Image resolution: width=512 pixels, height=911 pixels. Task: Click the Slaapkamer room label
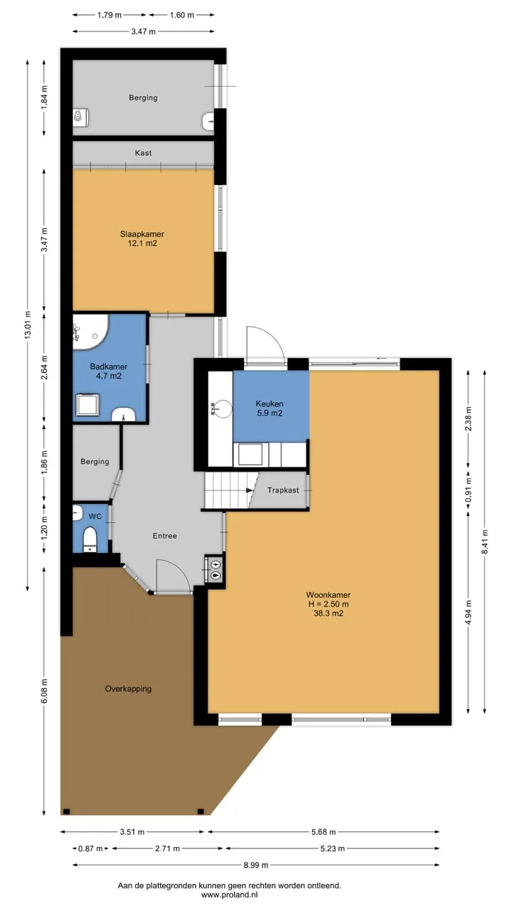click(x=142, y=234)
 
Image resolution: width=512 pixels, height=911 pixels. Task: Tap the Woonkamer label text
click(x=329, y=595)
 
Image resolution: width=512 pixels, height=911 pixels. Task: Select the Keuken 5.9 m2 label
click(x=270, y=409)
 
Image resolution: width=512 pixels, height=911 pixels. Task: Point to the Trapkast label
click(x=283, y=490)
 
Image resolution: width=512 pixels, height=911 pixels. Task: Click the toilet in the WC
click(x=90, y=539)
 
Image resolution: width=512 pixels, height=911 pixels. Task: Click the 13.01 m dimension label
click(x=28, y=325)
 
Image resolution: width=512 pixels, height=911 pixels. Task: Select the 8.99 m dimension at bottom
click(x=255, y=865)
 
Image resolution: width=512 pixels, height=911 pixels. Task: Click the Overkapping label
click(x=128, y=688)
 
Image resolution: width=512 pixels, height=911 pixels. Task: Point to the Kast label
click(x=143, y=153)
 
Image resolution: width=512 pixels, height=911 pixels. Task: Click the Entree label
click(x=164, y=536)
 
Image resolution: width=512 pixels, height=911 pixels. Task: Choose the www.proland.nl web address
click(x=230, y=895)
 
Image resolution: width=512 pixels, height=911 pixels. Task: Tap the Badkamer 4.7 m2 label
click(x=109, y=372)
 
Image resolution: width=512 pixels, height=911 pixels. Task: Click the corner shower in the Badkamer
click(x=90, y=332)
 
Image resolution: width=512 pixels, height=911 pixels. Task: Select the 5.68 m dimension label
click(x=324, y=832)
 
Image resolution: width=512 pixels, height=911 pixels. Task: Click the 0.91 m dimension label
click(x=468, y=490)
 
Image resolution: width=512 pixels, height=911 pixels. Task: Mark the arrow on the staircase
click(x=250, y=490)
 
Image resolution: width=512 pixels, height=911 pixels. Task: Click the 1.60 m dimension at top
click(x=181, y=15)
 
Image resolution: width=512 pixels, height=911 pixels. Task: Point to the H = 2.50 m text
click(x=329, y=604)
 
